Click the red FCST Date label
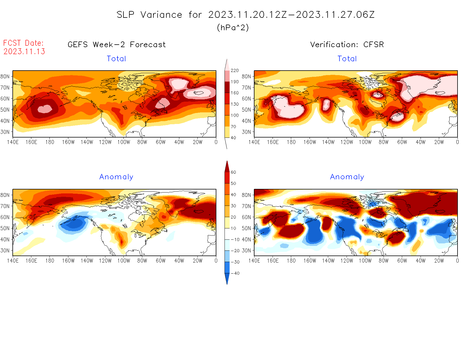[x=23, y=43]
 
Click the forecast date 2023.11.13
[x=24, y=51]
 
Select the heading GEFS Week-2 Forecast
[x=117, y=45]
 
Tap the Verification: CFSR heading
[x=347, y=45]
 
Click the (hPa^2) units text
[x=233, y=28]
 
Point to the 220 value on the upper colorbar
[x=235, y=71]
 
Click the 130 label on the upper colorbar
[x=235, y=104]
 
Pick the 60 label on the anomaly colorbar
[x=233, y=172]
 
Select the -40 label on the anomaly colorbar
[x=235, y=273]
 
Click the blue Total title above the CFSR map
[x=347, y=59]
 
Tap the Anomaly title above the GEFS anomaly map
[x=116, y=177]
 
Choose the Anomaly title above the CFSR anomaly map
[x=347, y=177]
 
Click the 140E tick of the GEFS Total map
[x=13, y=142]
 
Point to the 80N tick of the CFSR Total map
[x=246, y=76]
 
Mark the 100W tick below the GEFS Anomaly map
[x=124, y=261]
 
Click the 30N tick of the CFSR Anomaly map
[x=246, y=250]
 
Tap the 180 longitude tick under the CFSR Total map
[x=291, y=142]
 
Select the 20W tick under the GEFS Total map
[x=197, y=142]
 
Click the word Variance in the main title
[x=161, y=15]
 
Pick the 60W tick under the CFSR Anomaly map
[x=402, y=261]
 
